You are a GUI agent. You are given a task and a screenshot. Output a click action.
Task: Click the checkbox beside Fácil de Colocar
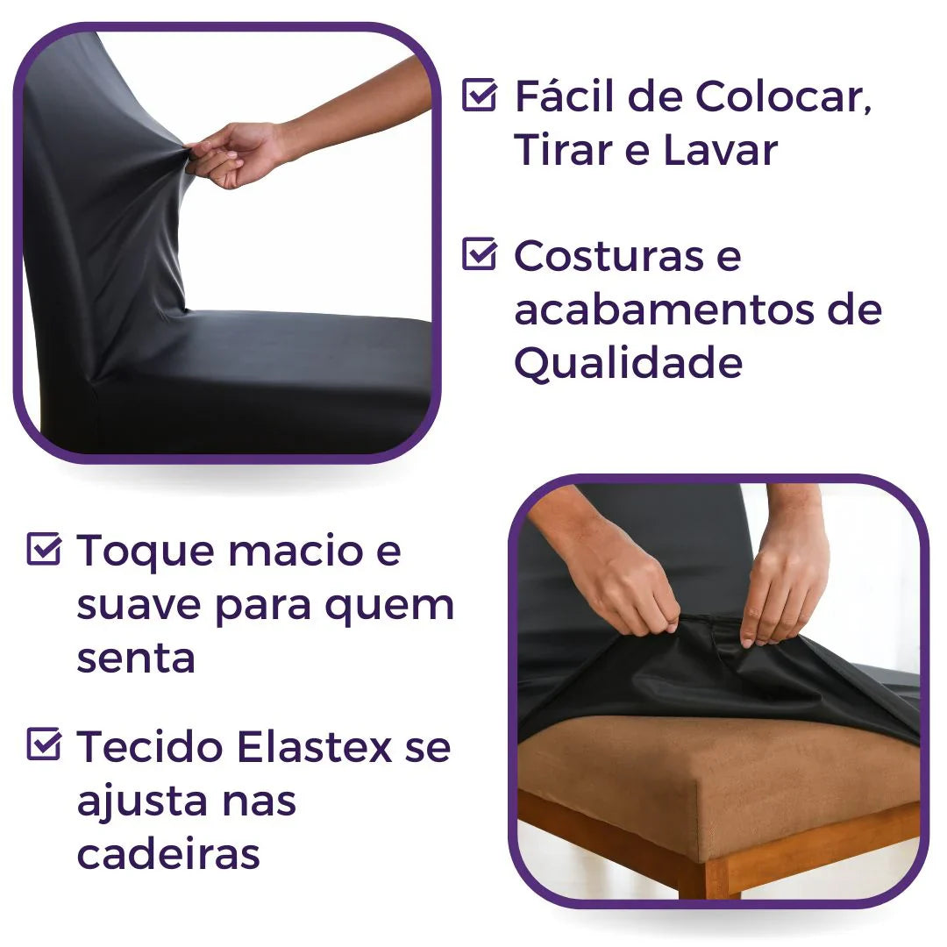[479, 95]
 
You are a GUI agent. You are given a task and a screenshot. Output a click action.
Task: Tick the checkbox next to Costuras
[479, 254]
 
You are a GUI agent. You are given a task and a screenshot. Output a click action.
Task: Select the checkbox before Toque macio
[44, 550]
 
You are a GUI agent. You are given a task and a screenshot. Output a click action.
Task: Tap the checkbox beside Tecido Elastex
[44, 745]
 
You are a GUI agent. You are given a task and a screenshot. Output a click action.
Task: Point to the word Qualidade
[628, 363]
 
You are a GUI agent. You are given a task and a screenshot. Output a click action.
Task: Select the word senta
[135, 659]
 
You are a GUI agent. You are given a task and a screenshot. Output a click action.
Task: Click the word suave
[139, 605]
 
